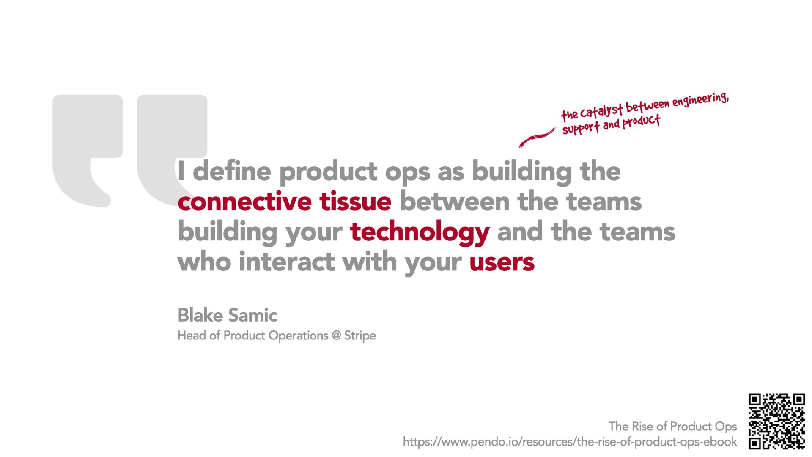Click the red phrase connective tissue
[284, 201]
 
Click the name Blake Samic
[228, 315]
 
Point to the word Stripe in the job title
[360, 336]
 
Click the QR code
[777, 421]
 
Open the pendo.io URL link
[570, 442]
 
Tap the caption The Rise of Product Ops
[672, 427]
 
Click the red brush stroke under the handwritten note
[537, 137]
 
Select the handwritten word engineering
[700, 100]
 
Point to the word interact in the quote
[287, 262]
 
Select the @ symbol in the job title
[336, 336]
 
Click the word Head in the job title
[192, 336]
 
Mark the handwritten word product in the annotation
[641, 122]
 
